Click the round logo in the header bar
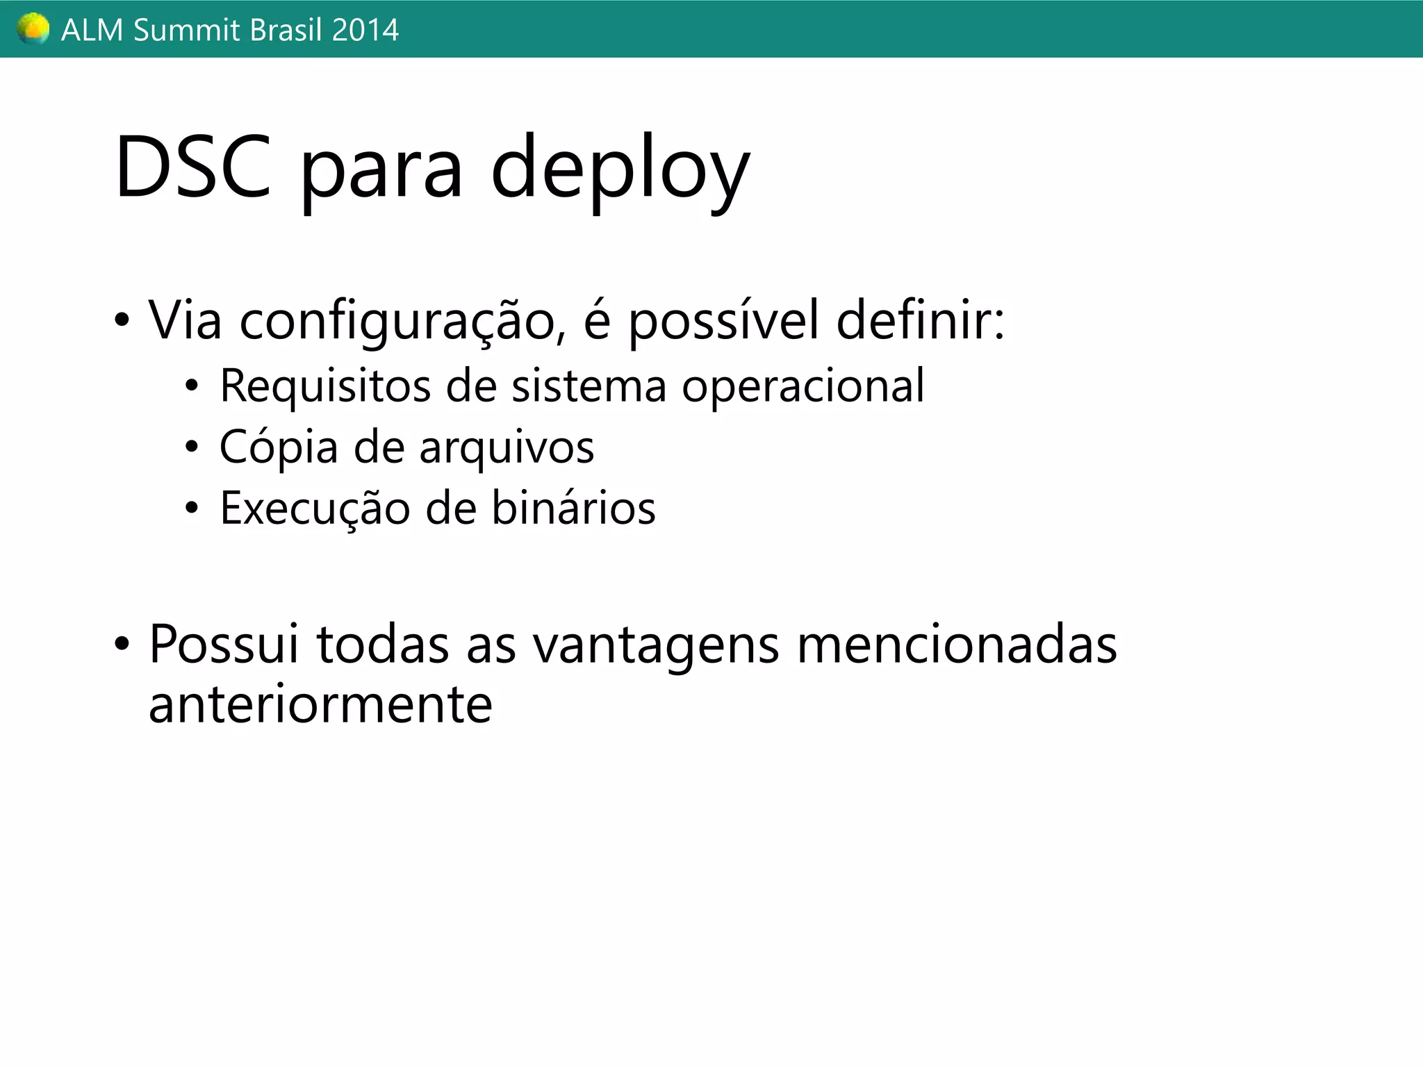click(33, 29)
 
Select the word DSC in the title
click(192, 167)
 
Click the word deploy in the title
click(620, 170)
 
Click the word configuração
click(397, 322)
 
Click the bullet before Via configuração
click(122, 321)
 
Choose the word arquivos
click(507, 448)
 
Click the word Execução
click(315, 508)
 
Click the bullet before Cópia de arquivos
click(192, 447)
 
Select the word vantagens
click(656, 645)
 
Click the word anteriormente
click(320, 704)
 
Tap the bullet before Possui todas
click(122, 644)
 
